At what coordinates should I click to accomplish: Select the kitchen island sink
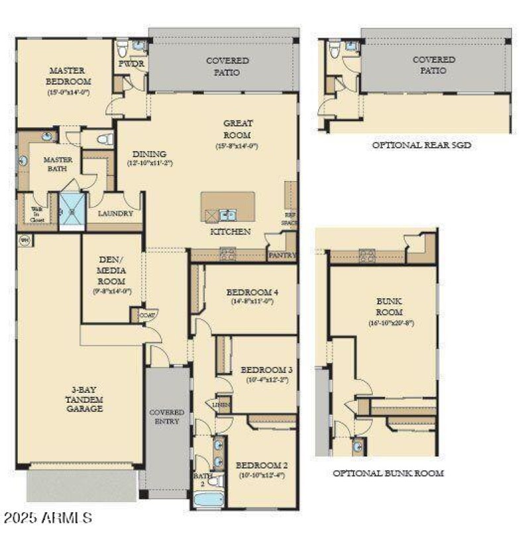[x=227, y=214]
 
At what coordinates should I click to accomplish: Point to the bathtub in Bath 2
[x=209, y=498]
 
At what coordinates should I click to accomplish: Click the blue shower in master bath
[x=72, y=211]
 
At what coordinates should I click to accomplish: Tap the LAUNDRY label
[x=115, y=214]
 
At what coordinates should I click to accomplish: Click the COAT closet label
[x=147, y=316]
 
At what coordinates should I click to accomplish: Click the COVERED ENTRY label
[x=166, y=417]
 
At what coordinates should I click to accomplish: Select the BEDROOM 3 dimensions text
[x=265, y=380]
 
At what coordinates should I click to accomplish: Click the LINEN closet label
[x=221, y=404]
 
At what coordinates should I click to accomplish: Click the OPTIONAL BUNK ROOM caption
[x=388, y=473]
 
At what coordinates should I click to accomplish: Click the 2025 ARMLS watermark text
[x=47, y=517]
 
